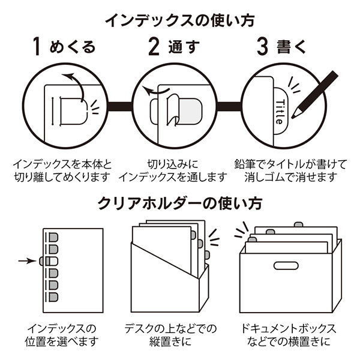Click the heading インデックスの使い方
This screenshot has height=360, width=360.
tap(179, 19)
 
